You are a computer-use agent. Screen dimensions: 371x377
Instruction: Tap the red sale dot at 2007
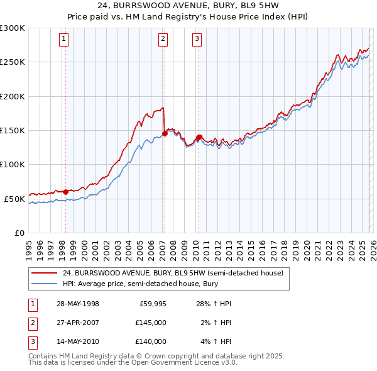click(x=165, y=133)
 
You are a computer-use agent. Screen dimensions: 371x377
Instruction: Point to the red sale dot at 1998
click(x=65, y=191)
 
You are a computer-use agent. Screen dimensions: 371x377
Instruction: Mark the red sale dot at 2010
click(x=199, y=137)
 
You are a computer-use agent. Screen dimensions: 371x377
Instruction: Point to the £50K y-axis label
click(x=14, y=199)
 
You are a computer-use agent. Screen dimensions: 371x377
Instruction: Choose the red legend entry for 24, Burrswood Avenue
click(x=173, y=274)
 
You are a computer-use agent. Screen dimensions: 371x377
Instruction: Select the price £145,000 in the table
click(x=151, y=323)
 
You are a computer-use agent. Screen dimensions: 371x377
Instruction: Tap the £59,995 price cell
click(x=151, y=304)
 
